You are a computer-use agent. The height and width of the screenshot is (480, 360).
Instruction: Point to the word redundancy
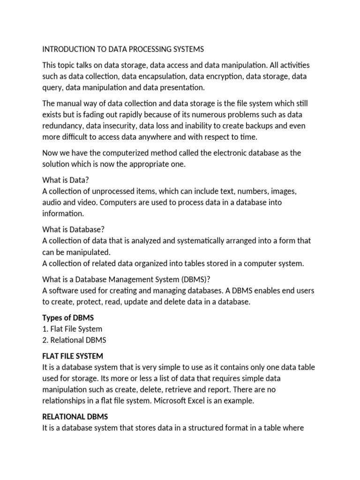[65, 126]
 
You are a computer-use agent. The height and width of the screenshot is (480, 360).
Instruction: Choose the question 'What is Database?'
[73, 230]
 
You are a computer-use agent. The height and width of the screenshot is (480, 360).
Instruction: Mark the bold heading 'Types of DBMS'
[68, 318]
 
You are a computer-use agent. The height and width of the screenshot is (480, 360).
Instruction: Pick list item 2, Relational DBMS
[74, 340]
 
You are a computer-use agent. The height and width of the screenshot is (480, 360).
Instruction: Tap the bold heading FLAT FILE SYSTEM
[73, 356]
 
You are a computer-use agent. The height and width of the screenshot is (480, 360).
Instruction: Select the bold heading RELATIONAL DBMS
[75, 417]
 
